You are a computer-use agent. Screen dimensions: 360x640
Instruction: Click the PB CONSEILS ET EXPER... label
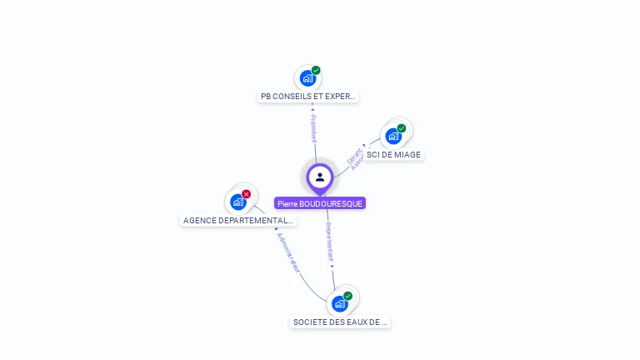[x=308, y=97]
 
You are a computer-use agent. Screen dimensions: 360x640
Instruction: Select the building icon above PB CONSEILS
[x=307, y=79]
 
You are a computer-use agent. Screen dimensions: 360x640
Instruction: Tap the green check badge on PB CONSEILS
[x=316, y=71]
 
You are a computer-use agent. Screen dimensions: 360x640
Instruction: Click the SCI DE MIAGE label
[x=393, y=154]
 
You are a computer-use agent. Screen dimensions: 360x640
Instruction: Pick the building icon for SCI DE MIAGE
[x=393, y=137]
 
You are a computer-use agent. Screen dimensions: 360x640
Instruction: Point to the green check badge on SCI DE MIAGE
[x=402, y=128]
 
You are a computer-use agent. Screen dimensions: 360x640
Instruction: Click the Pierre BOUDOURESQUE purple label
[x=320, y=203]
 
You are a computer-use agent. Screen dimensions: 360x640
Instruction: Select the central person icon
[x=320, y=177]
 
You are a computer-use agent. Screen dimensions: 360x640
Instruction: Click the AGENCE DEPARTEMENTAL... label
[x=238, y=221]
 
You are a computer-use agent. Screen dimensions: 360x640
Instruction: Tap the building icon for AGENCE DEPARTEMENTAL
[x=238, y=202]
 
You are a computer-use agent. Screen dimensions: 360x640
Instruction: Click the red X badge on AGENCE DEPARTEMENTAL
[x=247, y=194]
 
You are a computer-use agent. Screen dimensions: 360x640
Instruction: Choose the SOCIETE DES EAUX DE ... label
[x=340, y=322]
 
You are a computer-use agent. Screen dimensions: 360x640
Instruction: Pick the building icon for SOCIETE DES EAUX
[x=339, y=304]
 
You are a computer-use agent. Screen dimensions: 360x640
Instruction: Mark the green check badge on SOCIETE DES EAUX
[x=348, y=296]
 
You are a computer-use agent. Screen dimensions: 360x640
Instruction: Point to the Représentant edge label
[x=330, y=243]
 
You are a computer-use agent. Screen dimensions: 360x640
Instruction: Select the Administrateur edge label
[x=288, y=252]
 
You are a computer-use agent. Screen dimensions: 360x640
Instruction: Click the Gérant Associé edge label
[x=356, y=158]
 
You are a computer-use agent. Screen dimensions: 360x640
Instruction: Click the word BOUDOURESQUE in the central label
[x=331, y=203]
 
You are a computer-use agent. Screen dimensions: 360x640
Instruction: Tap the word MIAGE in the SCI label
[x=406, y=154]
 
